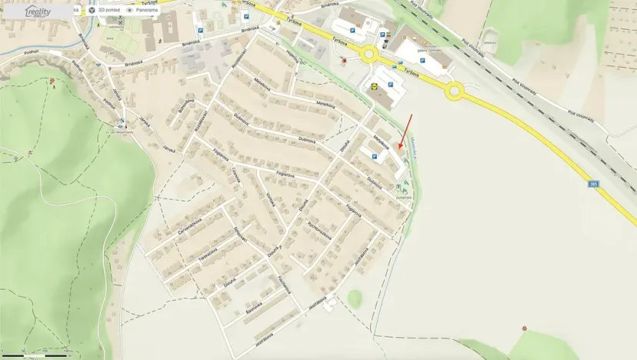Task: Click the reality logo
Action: tap(38, 12)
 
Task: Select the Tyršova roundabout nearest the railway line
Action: tap(455, 92)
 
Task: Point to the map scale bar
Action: tap(35, 355)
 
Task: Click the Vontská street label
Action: tap(271, 202)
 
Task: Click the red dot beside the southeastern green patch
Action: tap(525, 328)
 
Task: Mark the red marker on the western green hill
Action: tap(52, 80)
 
